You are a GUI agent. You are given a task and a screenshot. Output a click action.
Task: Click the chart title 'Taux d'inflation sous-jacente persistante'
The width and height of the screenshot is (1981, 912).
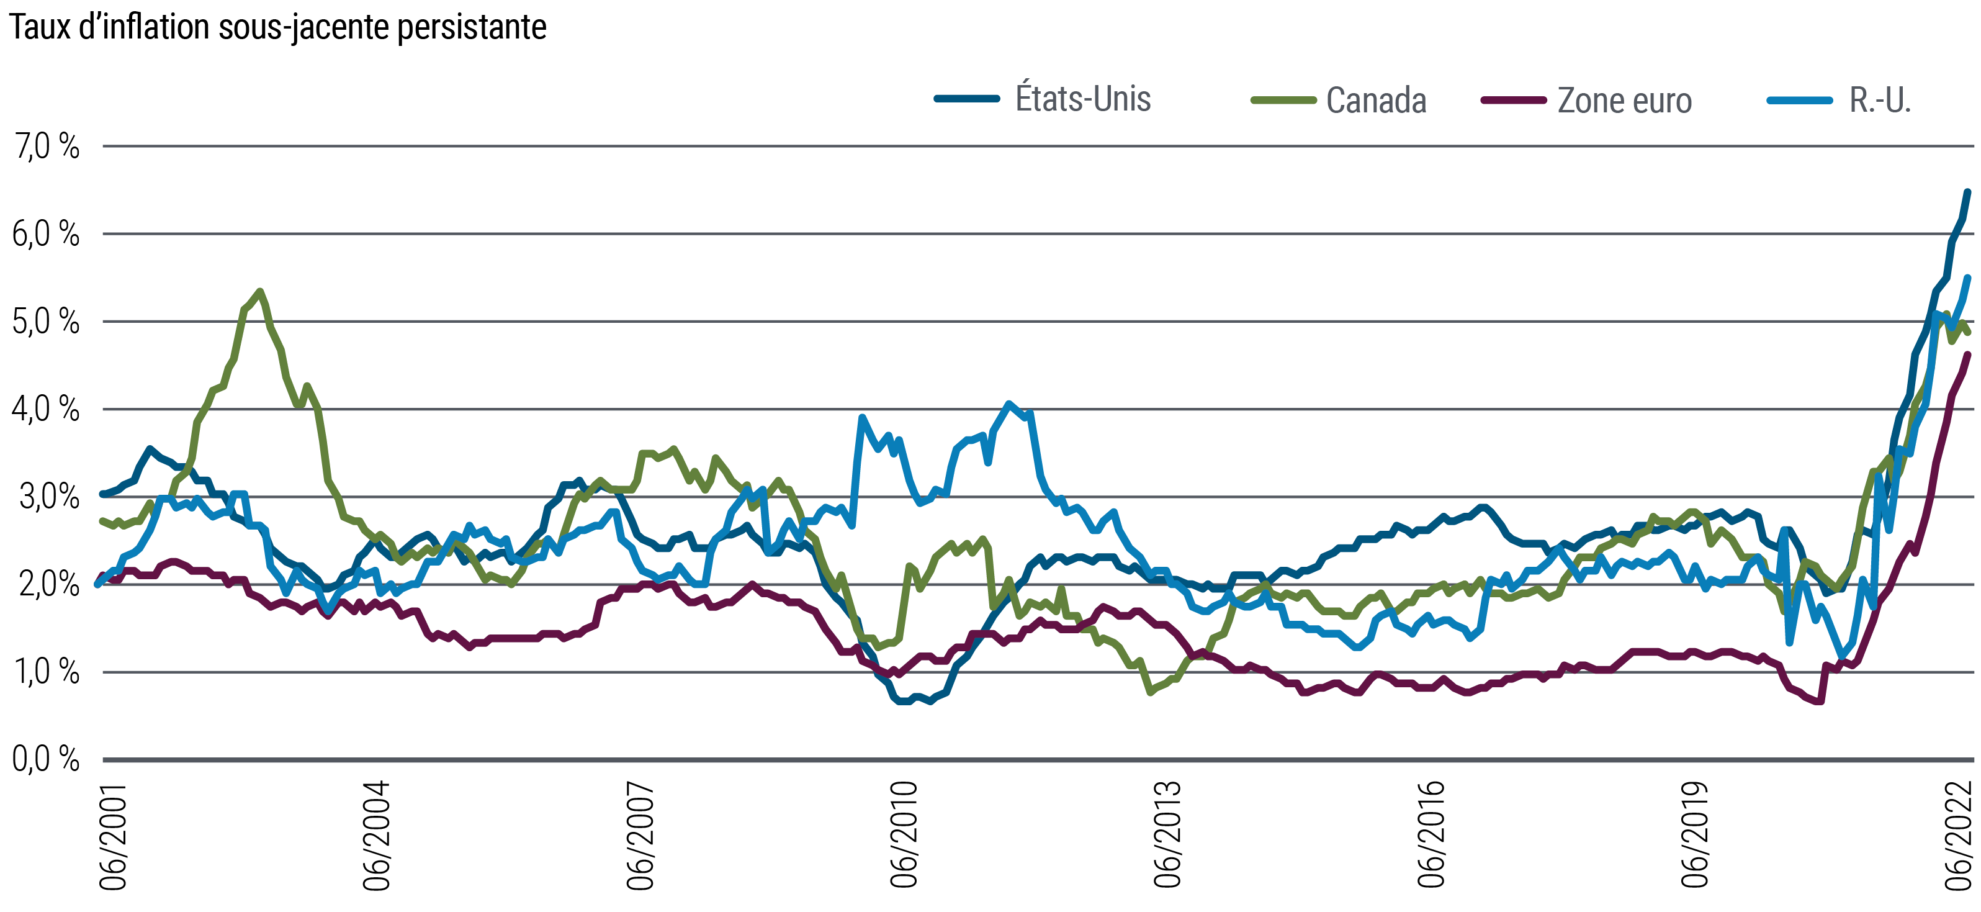277,28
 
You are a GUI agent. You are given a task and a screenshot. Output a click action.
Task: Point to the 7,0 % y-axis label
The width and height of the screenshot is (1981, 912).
46,146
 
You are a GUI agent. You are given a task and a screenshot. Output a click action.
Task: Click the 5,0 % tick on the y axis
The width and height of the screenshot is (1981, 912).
46,322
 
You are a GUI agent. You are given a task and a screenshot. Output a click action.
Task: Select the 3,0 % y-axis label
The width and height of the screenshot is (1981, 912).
46,497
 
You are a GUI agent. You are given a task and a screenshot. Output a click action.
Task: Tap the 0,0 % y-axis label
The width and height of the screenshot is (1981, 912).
46,760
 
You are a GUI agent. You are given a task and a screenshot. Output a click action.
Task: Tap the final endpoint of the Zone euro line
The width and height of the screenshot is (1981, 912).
1969,354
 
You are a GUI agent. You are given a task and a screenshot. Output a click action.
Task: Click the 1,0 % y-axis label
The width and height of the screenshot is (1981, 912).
46,673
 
